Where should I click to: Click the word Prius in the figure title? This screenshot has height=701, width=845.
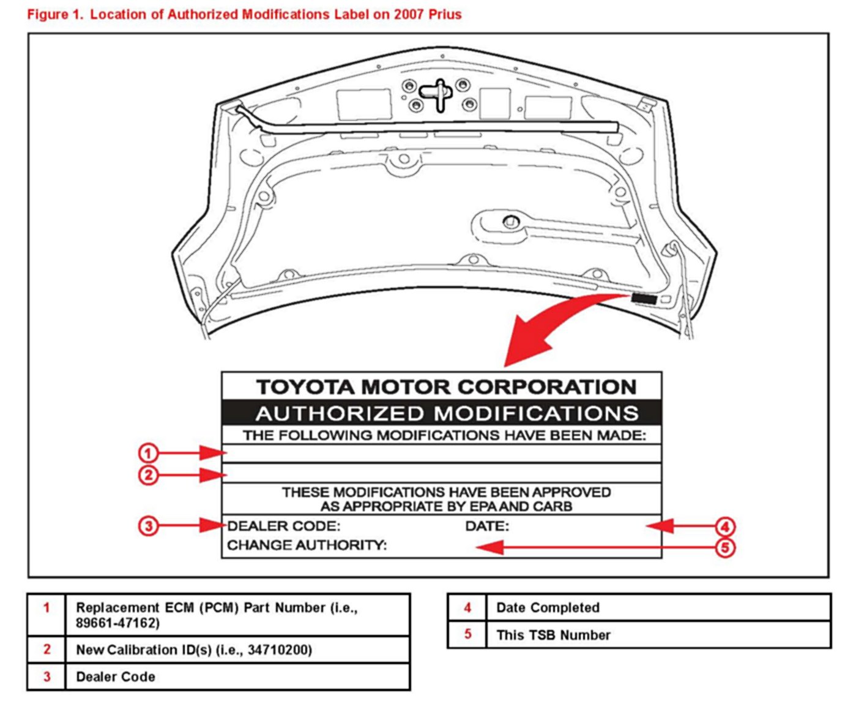coord(445,14)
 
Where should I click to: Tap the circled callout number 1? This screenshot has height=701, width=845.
coord(148,453)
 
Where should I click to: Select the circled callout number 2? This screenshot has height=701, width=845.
coord(148,475)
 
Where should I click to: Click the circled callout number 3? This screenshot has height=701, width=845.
coord(148,526)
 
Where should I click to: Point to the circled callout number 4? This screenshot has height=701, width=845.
coord(725,527)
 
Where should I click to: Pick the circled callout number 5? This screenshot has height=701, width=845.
coord(725,547)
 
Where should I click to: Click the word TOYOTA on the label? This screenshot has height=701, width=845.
coord(305,387)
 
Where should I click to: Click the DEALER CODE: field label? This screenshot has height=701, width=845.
coord(284,526)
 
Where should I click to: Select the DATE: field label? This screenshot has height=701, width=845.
coord(487,526)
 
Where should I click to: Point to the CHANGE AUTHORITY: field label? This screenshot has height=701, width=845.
coord(307,545)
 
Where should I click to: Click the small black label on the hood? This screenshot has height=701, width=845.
coord(644,299)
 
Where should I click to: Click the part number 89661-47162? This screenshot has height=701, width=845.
coord(117,623)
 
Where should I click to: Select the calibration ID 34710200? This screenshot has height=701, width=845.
coord(280,650)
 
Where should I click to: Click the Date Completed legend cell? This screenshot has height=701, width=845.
coord(548,608)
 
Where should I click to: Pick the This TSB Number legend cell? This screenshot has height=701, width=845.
coord(553,635)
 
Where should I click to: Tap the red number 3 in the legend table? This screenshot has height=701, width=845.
coord(47,677)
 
